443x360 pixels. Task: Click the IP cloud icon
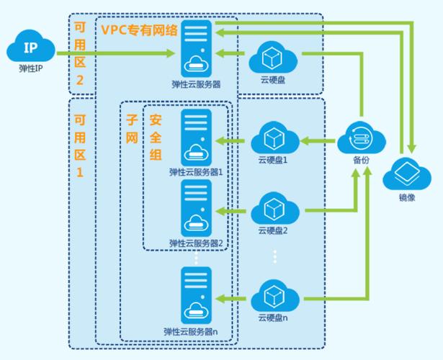[x=31, y=49]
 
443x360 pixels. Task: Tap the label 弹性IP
[x=31, y=71]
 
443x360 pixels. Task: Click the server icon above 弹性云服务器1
[x=197, y=136]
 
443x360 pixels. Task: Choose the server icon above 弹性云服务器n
[x=197, y=295]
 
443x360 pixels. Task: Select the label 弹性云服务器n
[x=197, y=332]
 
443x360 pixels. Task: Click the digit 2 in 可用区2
[x=80, y=81]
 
